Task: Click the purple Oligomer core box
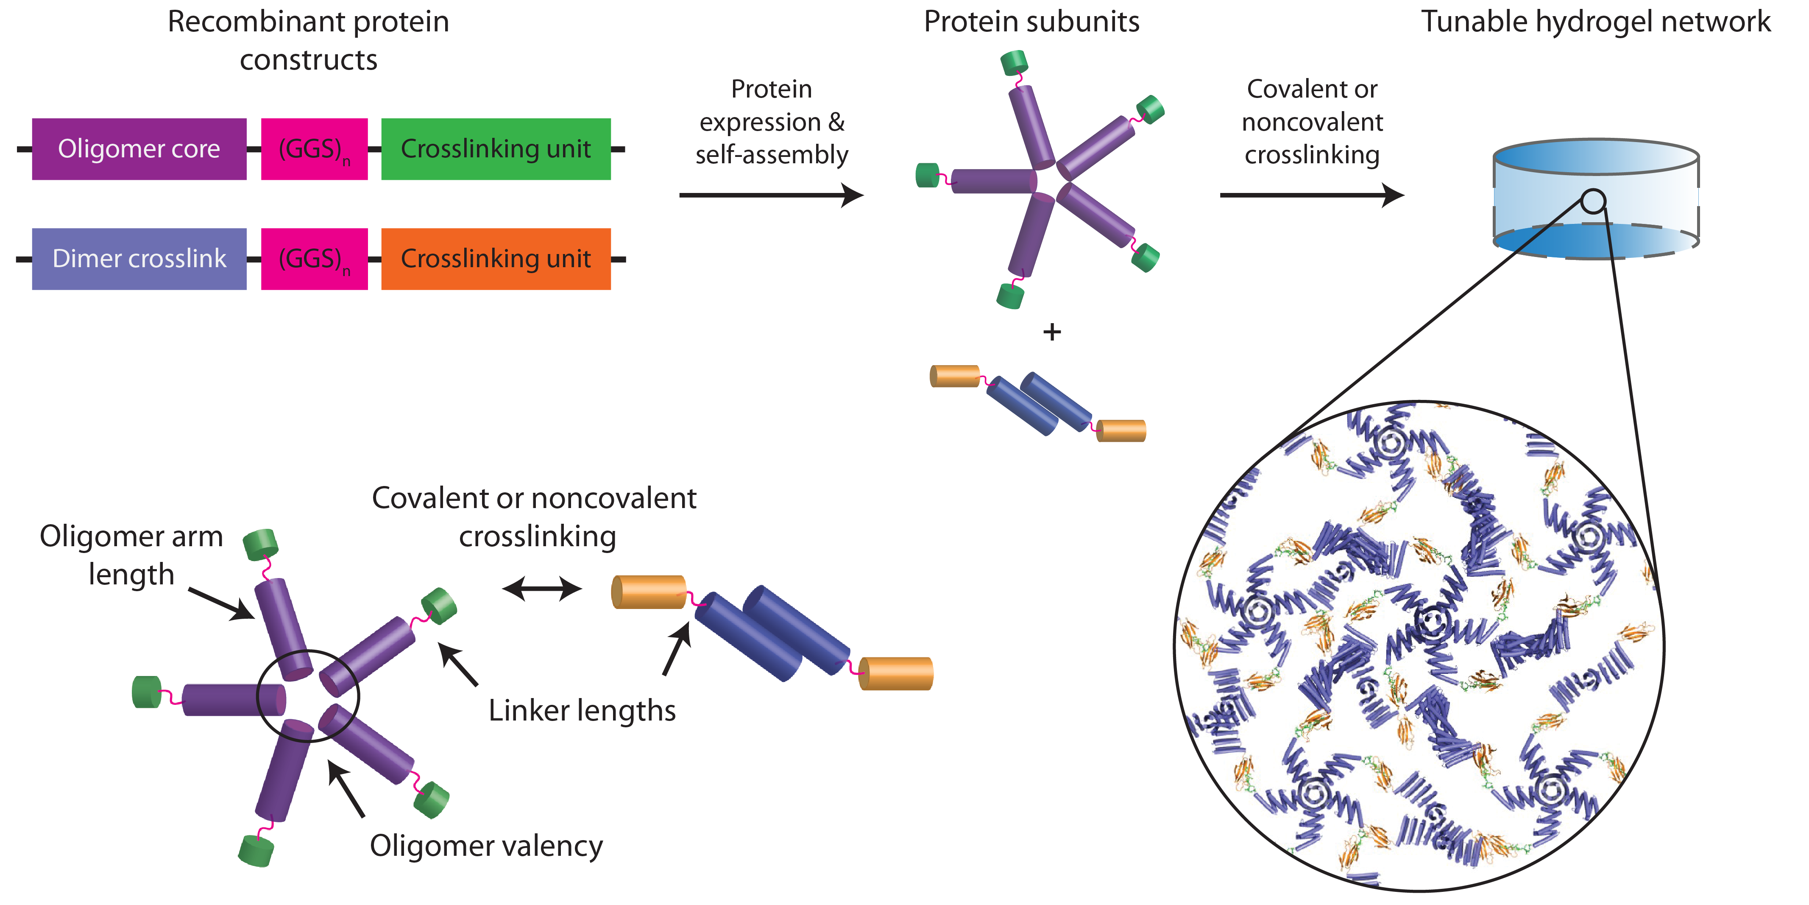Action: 139,149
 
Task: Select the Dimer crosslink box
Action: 139,259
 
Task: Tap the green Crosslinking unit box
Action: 496,149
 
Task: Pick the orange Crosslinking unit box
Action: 496,259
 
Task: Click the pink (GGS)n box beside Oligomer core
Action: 314,149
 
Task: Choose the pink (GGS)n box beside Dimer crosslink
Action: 314,259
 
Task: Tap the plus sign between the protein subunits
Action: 1051,332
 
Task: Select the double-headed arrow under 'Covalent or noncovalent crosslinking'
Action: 542,588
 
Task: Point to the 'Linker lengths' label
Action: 582,710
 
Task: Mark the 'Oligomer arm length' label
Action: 131,555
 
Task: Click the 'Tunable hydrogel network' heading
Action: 1595,22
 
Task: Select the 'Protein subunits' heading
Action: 1031,22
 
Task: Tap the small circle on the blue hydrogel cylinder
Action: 1593,202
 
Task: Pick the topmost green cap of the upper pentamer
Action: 1014,62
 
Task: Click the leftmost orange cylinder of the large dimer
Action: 648,592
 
